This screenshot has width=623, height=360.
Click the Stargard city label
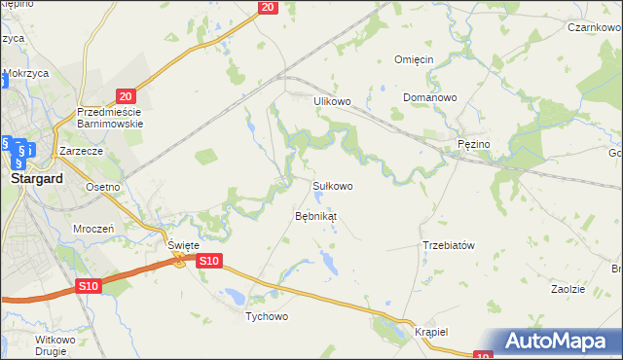(36, 180)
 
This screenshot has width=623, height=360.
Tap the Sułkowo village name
(331, 185)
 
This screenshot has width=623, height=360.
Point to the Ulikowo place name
(331, 100)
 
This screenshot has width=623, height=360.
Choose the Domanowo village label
(430, 98)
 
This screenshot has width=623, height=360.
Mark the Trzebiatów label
(448, 245)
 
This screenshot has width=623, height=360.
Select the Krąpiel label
(428, 332)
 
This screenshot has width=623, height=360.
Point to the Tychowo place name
(267, 316)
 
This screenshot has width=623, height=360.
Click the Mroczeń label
(94, 228)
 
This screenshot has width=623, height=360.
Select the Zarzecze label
(81, 152)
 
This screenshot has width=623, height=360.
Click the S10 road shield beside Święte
(210, 261)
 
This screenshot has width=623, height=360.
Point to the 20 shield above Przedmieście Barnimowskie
(125, 95)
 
